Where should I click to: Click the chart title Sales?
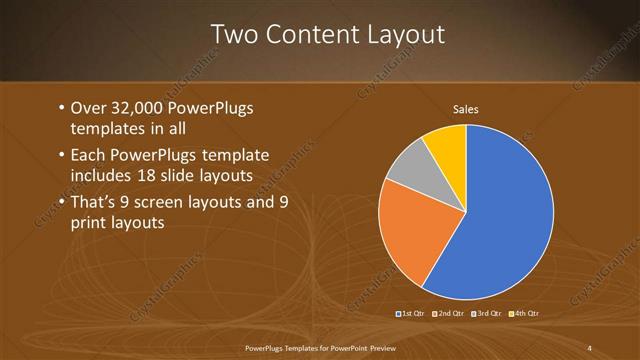466,108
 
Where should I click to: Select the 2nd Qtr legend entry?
451,314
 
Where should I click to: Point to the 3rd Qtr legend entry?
488,314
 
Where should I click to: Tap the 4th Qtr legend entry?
525,314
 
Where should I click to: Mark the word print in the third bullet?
88,223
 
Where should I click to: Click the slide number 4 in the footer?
590,348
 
